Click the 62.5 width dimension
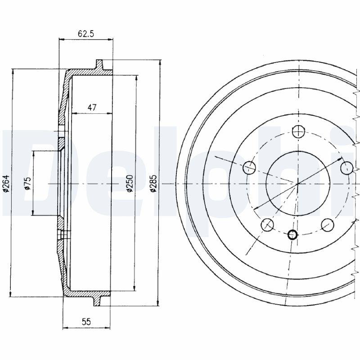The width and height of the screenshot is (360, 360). pos(85,33)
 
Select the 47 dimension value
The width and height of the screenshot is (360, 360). pos(92,107)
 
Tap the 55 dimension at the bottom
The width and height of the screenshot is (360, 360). pos(86,321)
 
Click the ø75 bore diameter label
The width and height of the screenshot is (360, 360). pos(27,184)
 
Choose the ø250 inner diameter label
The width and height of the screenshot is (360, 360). pos(129,184)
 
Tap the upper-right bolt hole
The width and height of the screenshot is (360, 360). pos(346,168)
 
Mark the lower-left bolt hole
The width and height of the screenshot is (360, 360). pos(268,225)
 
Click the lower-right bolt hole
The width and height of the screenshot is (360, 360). pos(328,225)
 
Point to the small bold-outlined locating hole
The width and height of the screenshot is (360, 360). pos(292,234)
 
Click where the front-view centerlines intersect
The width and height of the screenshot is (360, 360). pos(297,184)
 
